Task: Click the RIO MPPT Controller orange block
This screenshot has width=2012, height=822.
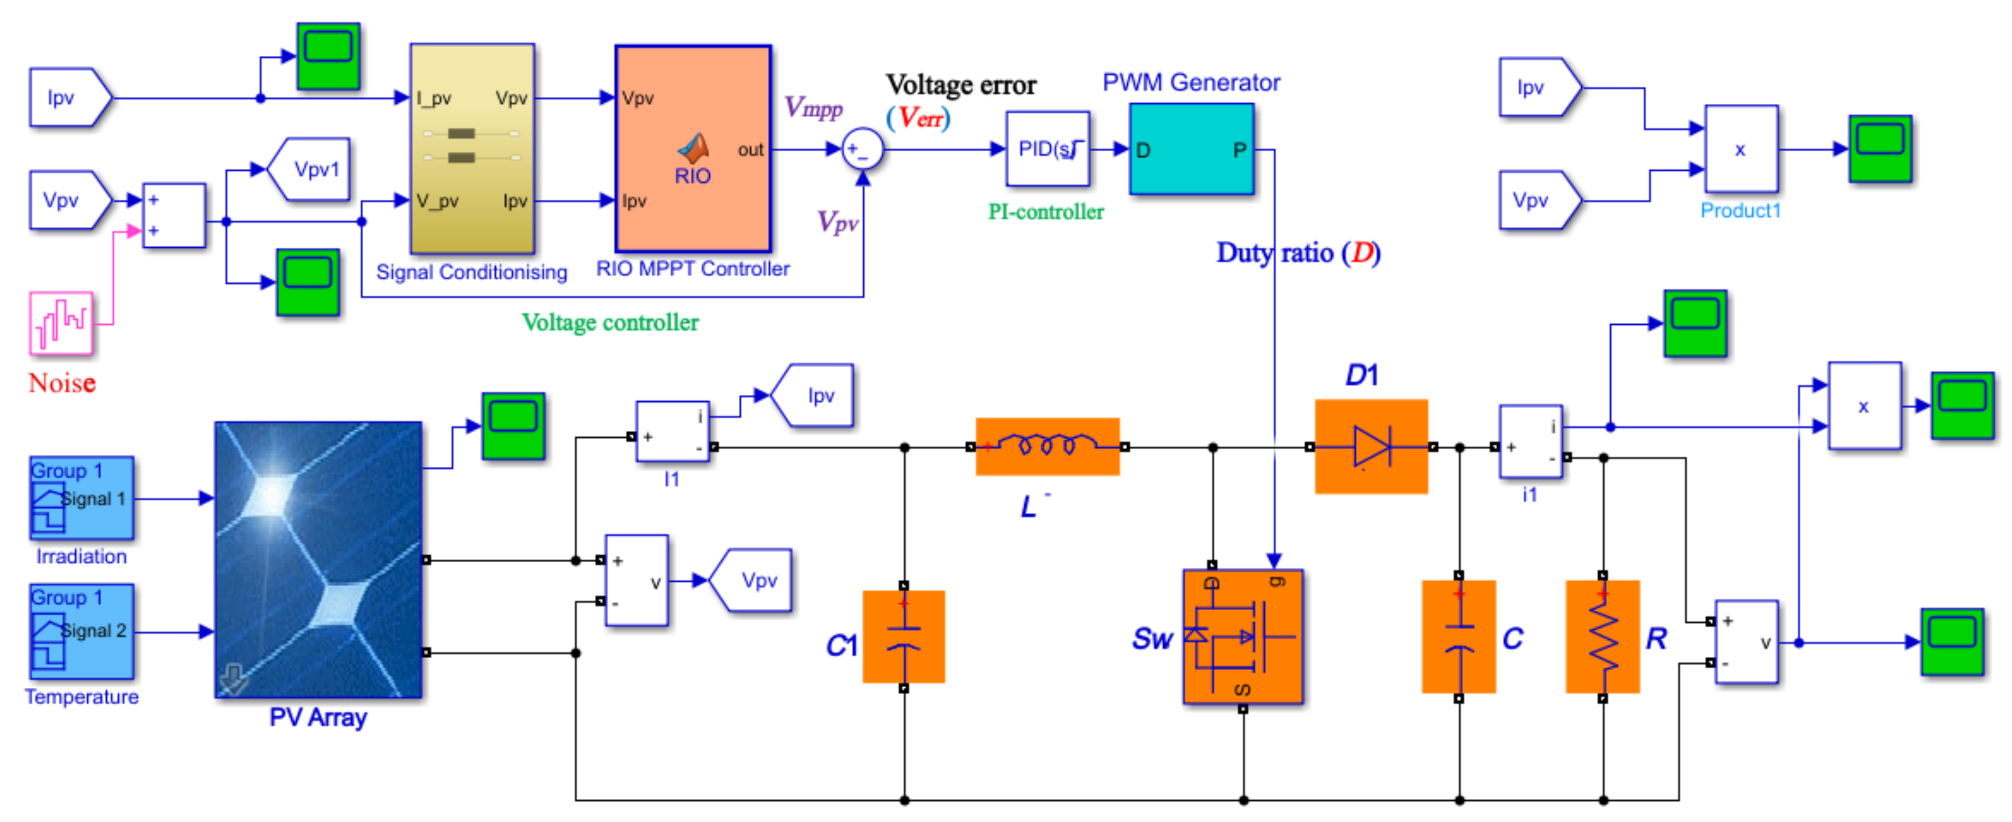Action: (692, 148)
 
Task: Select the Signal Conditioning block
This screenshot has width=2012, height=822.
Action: (472, 148)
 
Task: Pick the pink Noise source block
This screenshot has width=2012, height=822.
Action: (61, 322)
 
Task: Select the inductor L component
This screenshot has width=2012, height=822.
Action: (1047, 446)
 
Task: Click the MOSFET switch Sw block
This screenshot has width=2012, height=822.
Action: (1242, 636)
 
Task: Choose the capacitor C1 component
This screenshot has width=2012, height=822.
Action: (904, 636)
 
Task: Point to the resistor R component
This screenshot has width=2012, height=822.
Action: (1602, 636)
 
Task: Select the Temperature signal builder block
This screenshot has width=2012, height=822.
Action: (81, 631)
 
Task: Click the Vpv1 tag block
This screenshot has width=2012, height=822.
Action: (310, 170)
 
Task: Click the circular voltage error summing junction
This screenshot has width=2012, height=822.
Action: (862, 149)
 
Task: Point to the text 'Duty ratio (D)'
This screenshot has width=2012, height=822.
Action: (1298, 253)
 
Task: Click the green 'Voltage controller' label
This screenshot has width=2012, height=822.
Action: (610, 322)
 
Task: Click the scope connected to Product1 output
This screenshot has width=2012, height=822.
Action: (1880, 148)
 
